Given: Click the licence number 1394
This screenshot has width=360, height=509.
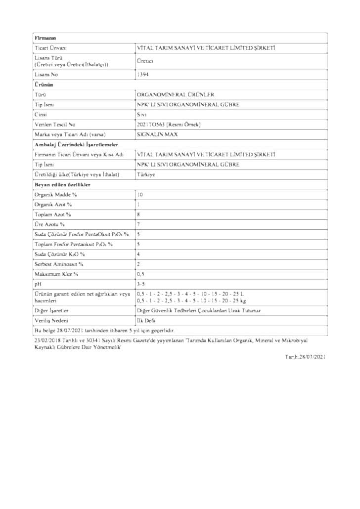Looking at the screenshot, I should coord(142,74).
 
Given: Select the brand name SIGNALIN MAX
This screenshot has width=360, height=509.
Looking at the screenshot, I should coord(157,134).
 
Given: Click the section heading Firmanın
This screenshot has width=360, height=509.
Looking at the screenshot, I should coord(45,38).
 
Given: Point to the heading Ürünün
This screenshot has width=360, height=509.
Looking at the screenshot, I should coord(44,85).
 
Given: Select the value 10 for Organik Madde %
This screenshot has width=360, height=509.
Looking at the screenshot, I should coord(140,194).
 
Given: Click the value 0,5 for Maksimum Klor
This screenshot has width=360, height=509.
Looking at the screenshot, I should coord(141,273).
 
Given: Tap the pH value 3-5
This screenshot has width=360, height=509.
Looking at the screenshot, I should coord(141,283).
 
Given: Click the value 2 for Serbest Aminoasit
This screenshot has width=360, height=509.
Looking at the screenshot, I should coord(138,263).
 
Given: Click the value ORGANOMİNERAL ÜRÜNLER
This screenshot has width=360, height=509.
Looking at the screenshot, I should coord(169,94).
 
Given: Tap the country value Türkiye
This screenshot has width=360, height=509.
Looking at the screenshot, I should coord(146,174).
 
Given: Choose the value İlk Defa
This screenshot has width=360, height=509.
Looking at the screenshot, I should coord(146,321).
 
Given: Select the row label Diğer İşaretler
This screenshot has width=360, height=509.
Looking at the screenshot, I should coord(51,310).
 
